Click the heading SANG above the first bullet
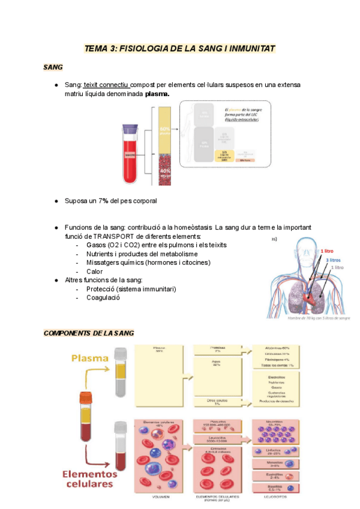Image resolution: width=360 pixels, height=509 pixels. click(x=53, y=67)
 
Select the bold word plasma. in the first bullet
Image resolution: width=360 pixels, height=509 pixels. click(x=157, y=94)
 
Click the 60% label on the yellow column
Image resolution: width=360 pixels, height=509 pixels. click(x=164, y=129)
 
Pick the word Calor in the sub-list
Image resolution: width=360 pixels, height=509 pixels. click(x=95, y=271)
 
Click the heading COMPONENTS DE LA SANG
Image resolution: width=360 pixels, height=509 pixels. click(x=89, y=333)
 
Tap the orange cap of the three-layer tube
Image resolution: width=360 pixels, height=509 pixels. click(x=85, y=396)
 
